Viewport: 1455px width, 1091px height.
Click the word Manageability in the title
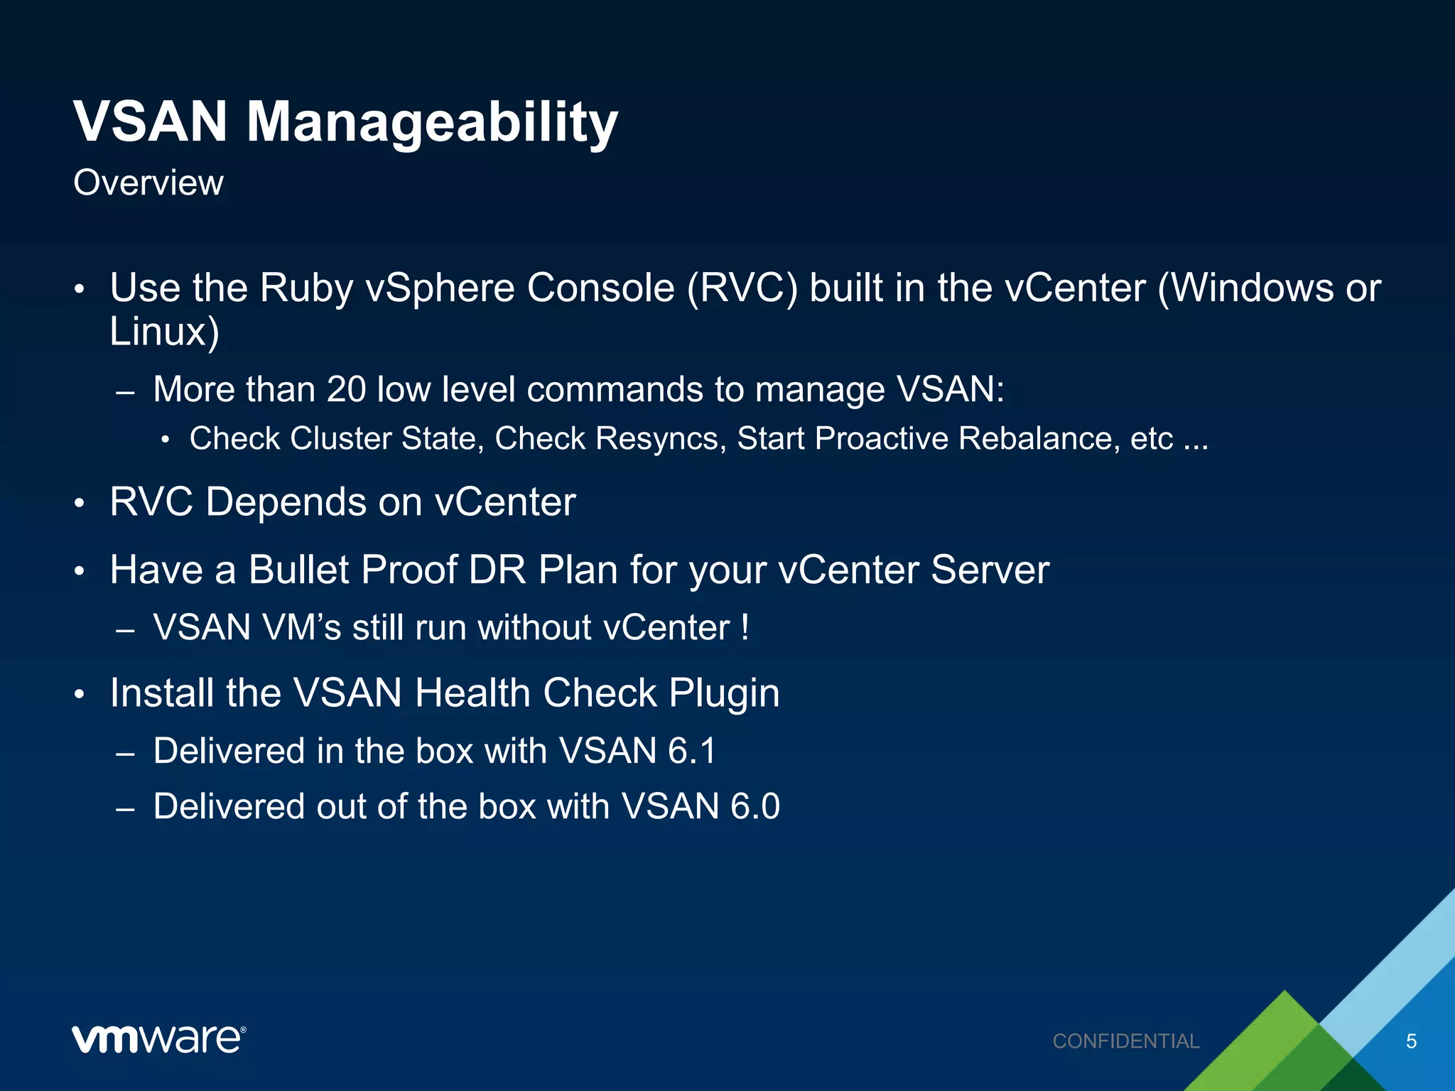click(x=432, y=122)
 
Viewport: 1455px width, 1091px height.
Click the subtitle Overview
click(x=148, y=183)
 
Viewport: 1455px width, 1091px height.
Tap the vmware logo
click(x=158, y=1040)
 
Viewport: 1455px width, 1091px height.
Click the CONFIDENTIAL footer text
click(x=1126, y=1041)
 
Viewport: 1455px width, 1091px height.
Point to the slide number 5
click(x=1411, y=1041)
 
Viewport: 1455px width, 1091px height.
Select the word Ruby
click(x=305, y=288)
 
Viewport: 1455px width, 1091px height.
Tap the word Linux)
click(x=164, y=332)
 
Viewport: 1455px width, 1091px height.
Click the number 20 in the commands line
click(x=346, y=390)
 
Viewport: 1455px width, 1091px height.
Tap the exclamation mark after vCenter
click(x=744, y=627)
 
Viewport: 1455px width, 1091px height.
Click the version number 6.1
click(x=691, y=751)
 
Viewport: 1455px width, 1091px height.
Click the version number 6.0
click(x=755, y=807)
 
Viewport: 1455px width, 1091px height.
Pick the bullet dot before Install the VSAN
click(x=80, y=695)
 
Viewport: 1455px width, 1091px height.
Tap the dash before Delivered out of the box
click(x=125, y=808)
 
